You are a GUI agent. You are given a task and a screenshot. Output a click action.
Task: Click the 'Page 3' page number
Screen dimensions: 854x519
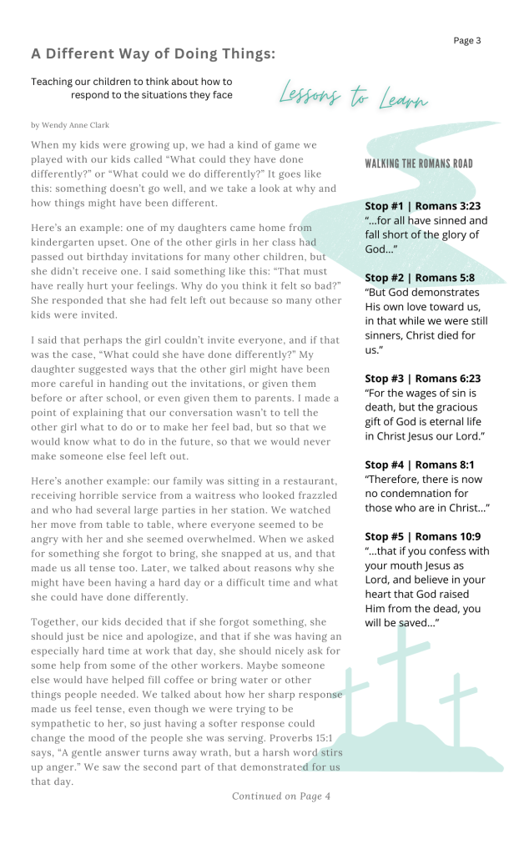pos(467,40)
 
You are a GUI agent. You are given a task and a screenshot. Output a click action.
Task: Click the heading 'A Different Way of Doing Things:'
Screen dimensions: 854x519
pos(153,54)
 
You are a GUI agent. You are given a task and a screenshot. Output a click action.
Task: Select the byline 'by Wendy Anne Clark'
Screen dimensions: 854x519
pos(70,125)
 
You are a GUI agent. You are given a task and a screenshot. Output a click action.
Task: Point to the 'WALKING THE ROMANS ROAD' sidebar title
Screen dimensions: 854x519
pos(419,163)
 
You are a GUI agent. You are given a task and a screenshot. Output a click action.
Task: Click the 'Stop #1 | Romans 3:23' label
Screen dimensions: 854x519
pos(422,205)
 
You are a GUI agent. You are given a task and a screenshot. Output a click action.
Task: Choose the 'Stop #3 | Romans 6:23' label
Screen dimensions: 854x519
pos(422,378)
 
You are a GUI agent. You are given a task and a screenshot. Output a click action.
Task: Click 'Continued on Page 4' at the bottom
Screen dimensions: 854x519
pos(281,796)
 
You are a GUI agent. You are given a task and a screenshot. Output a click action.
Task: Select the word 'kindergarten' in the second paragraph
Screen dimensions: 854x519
pos(63,242)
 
